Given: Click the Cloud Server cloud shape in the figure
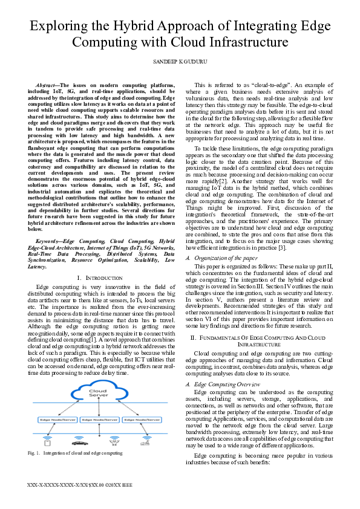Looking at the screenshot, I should pyautogui.click(x=99, y=395).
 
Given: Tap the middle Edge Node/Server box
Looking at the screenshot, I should pyautogui.click(x=99, y=419).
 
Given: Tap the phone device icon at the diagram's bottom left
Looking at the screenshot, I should pyautogui.click(x=48, y=440).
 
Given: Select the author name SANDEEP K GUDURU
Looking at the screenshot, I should pyautogui.click(x=180, y=62).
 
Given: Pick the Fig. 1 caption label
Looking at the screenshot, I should pyautogui.click(x=35, y=453).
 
